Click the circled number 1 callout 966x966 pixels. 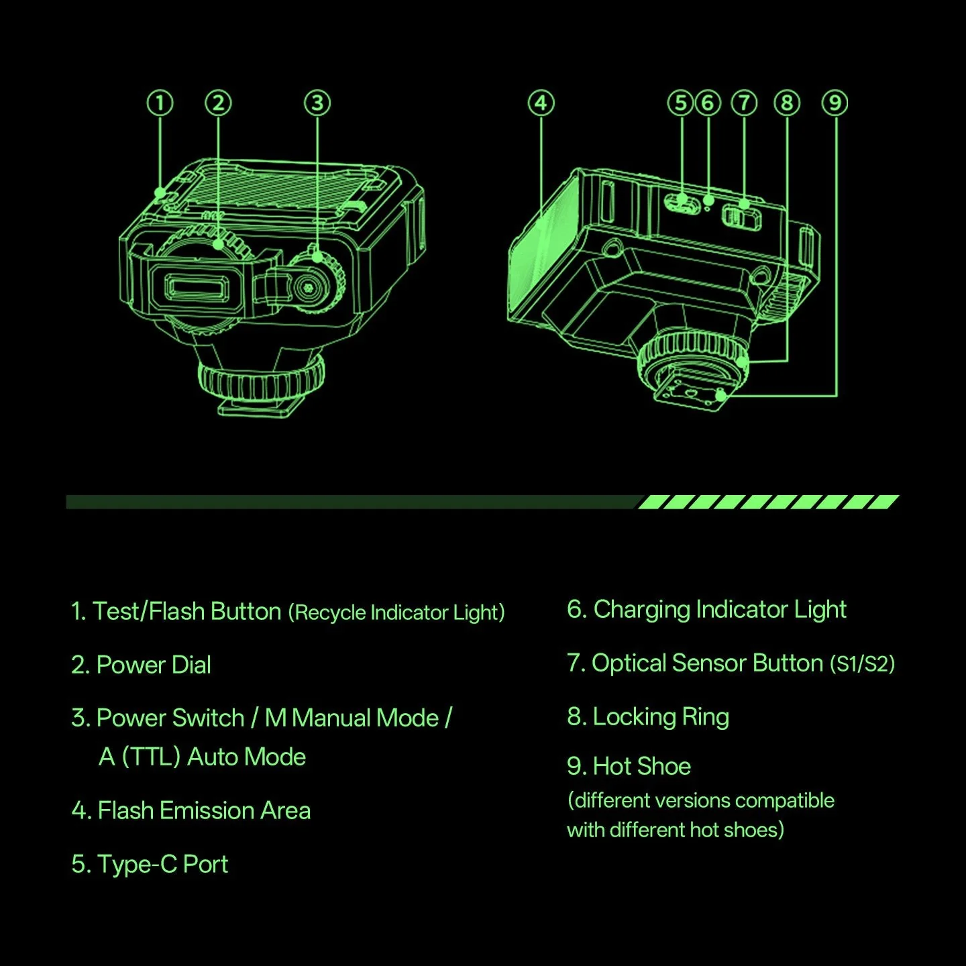coord(160,103)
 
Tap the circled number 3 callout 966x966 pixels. coord(317,103)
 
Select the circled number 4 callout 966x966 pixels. coord(541,103)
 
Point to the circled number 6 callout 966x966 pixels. coord(708,103)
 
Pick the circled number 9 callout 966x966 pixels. coord(835,103)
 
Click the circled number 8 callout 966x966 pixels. coord(788,103)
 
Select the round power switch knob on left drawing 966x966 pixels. coord(315,284)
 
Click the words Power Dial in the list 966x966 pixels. coord(154,665)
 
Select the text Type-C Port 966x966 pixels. coord(162,864)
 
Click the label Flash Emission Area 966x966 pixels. coord(204,810)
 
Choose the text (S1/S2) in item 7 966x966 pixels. coord(862,664)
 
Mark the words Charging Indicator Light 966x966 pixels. coord(720,610)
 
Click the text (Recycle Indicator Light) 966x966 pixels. coord(396,612)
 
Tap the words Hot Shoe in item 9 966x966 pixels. coord(642,766)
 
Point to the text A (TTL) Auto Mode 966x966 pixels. coord(202,757)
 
